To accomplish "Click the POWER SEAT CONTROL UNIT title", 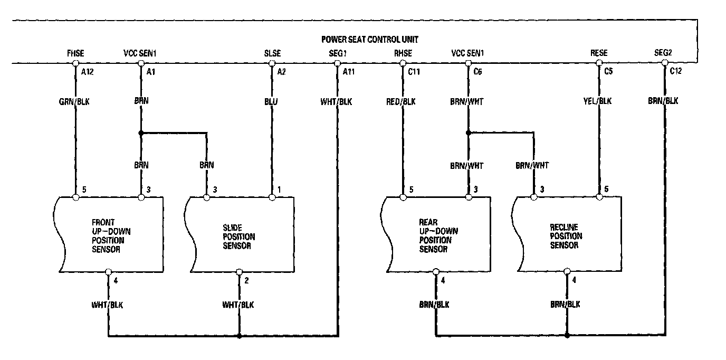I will (370, 40).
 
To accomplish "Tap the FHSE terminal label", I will (75, 53).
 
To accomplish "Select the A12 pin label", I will (87, 72).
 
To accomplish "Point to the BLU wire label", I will (272, 101).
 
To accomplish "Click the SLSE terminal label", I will (272, 53).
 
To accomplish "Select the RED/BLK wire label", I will (402, 101).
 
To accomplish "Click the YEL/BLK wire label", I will (599, 101).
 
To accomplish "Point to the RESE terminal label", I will (599, 53).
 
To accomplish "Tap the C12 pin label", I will (675, 72).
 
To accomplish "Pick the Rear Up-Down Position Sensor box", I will (436, 235).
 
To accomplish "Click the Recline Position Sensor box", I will (567, 235).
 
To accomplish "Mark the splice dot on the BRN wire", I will (141, 133).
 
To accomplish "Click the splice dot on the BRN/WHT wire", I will (468, 133).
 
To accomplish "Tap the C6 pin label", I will (477, 72).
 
